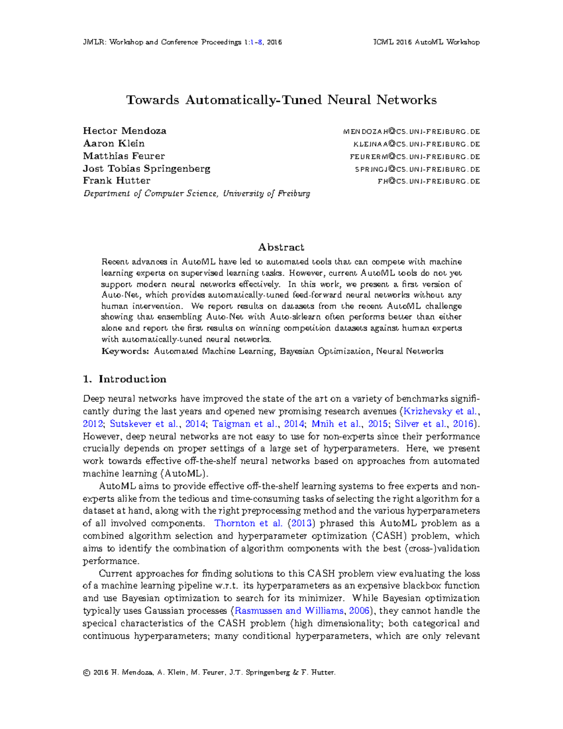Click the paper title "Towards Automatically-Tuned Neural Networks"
[281, 100]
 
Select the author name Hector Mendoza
[125, 131]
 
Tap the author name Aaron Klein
[114, 144]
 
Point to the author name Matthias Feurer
[124, 156]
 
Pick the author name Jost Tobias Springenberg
[147, 169]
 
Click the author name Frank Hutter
[117, 181]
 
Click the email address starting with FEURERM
[415, 157]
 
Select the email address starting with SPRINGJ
[418, 169]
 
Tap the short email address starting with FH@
[429, 182]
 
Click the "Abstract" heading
[281, 247]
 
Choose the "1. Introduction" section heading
[125, 379]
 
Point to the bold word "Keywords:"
[125, 351]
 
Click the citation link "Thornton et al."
[248, 523]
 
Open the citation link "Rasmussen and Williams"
[289, 611]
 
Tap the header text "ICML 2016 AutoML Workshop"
[426, 42]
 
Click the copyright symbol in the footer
[86, 673]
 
